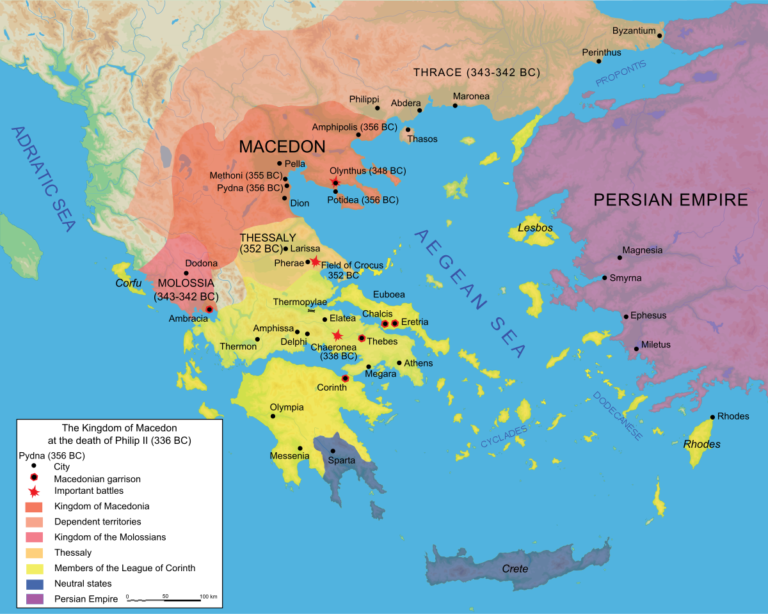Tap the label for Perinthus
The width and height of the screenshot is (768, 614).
pos(601,52)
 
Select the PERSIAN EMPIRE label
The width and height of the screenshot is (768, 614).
pos(671,200)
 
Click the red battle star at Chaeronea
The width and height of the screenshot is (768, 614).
pos(337,336)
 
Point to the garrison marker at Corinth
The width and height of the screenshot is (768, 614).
pos(345,379)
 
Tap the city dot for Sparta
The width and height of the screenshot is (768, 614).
pos(333,451)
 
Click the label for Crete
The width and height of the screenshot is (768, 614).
pos(515,569)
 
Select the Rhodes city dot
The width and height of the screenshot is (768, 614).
pos(712,418)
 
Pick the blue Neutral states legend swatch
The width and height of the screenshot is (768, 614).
pos(35,584)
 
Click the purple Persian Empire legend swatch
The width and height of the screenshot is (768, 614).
pos(35,599)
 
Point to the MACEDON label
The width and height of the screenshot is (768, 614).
pos(282,146)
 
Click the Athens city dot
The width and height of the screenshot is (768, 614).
pos(399,363)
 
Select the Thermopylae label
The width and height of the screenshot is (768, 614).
pos(300,301)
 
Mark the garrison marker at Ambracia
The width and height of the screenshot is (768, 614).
pos(209,310)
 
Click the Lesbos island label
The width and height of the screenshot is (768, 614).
pos(536,228)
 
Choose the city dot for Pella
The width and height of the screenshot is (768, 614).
pos(280,164)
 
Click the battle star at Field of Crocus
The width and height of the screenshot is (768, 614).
pos(315,261)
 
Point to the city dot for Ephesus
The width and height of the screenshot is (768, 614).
pos(626,317)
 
